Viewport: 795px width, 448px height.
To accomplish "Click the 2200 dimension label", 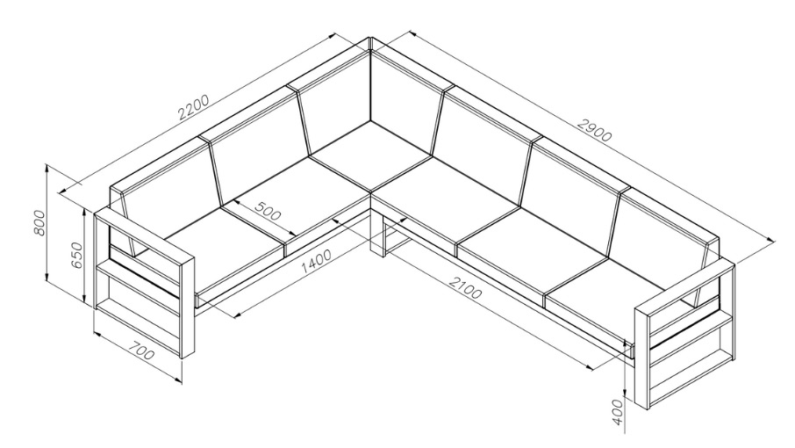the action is pyautogui.click(x=194, y=106).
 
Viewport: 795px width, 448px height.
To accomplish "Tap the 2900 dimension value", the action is pyautogui.click(x=595, y=130).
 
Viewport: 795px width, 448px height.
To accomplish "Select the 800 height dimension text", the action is pyautogui.click(x=39, y=223).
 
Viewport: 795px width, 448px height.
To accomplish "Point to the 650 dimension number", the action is pyautogui.click(x=75, y=256).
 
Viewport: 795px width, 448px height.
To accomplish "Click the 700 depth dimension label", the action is pyautogui.click(x=140, y=350).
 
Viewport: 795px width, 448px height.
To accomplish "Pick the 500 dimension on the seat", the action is pyautogui.click(x=268, y=211).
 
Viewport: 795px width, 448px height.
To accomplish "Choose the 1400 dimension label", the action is pyautogui.click(x=316, y=261).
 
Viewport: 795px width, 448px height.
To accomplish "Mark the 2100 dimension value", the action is pyautogui.click(x=464, y=286).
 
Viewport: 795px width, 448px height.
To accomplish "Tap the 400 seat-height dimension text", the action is pyautogui.click(x=617, y=412).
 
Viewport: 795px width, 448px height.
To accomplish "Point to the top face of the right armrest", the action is pyautogui.click(x=684, y=285).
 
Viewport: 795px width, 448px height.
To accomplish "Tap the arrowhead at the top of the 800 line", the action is pyautogui.click(x=47, y=169).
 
